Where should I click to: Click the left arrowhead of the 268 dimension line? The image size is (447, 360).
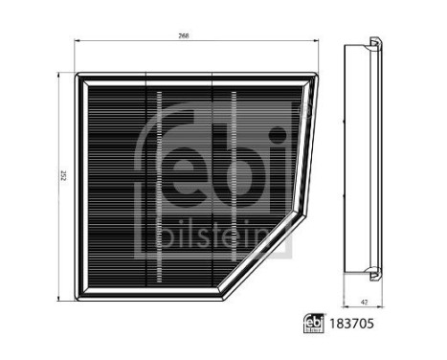tap(77, 41)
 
